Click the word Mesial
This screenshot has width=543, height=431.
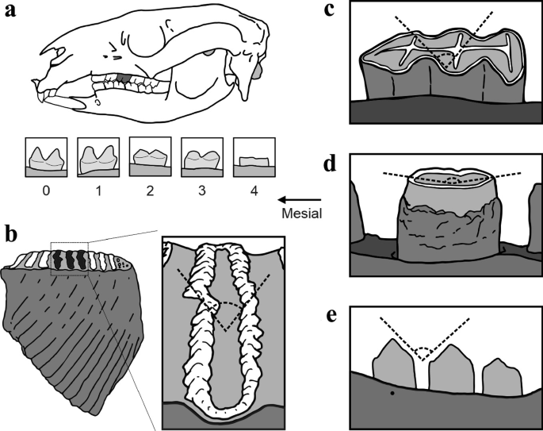pyautogui.click(x=301, y=214)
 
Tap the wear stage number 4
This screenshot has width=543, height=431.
pyautogui.click(x=254, y=190)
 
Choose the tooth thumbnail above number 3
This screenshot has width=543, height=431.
pyautogui.click(x=201, y=157)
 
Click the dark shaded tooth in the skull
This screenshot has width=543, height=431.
pyautogui.click(x=123, y=80)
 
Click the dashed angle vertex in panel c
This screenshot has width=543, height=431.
pyautogui.click(x=449, y=61)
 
